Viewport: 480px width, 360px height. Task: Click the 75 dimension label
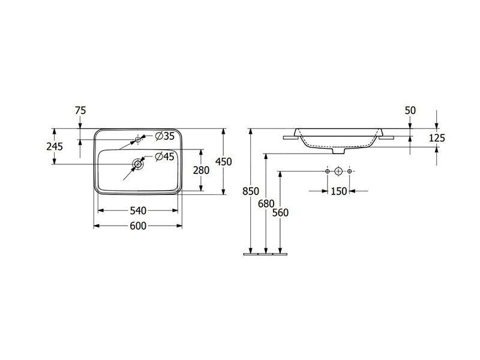80,110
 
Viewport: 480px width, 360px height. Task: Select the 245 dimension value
55,146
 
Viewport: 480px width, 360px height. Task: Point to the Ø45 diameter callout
164,157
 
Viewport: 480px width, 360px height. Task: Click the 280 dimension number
201,170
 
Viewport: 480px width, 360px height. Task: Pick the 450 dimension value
223,161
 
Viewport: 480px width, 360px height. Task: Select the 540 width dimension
139,211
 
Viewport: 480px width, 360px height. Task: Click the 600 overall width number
139,226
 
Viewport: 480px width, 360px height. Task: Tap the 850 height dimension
251,191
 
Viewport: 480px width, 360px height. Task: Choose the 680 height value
266,203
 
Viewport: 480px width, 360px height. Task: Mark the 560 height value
280,212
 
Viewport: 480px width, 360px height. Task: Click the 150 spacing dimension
339,191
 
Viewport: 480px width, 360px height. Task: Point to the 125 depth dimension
437,138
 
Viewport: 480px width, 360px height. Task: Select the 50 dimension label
410,110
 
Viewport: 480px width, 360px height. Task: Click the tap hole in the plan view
138,140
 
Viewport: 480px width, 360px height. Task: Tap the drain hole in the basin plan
138,164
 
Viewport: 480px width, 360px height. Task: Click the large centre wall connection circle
338,171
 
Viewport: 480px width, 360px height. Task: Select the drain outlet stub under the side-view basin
338,151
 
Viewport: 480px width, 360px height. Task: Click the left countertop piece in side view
291,138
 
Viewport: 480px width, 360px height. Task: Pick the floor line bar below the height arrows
265,254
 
